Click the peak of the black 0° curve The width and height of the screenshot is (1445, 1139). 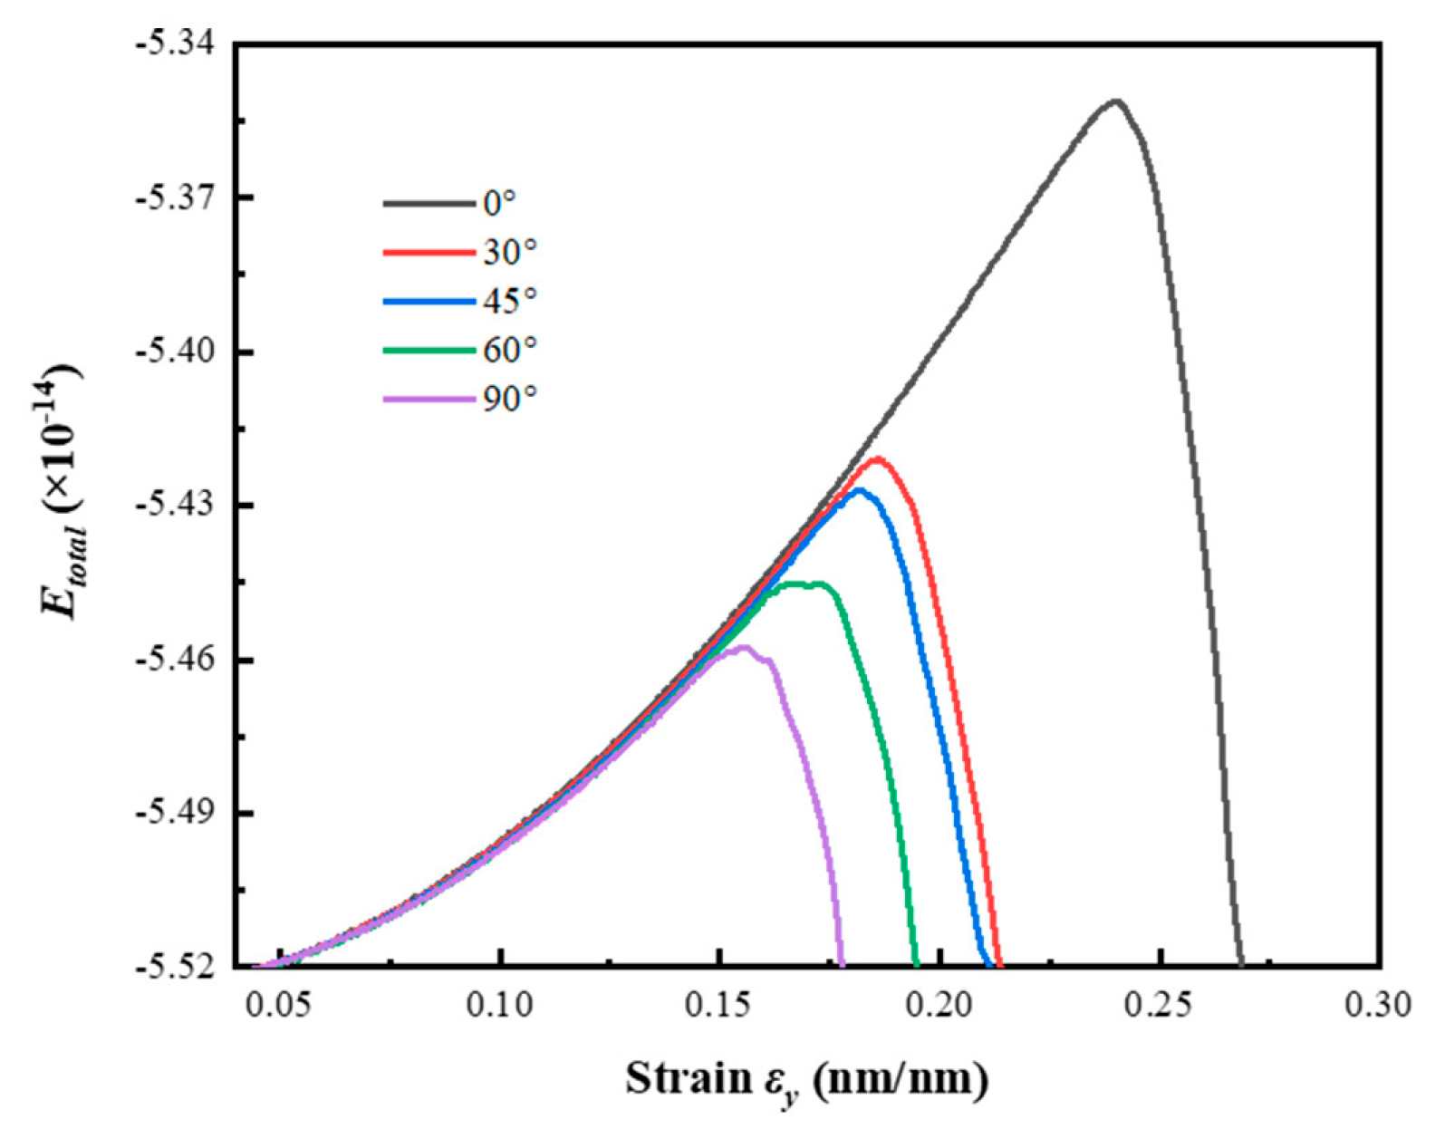[1116, 101]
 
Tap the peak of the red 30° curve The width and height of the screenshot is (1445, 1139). [876, 458]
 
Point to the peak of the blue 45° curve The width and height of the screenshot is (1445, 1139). [858, 489]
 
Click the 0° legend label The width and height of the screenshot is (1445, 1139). [499, 203]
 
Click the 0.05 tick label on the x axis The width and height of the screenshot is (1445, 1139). [280, 1006]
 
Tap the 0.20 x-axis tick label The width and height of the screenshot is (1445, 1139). [940, 1006]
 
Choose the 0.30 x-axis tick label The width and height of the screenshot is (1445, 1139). [1380, 1006]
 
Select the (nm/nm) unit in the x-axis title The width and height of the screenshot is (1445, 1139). [901, 1078]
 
